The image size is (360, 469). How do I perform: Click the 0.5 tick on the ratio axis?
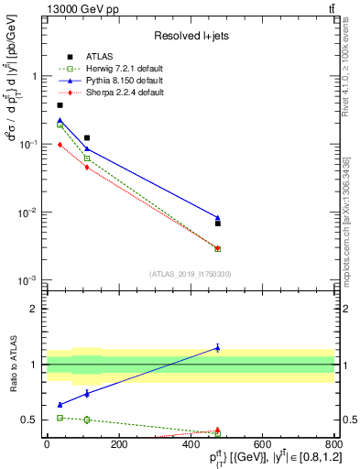33,420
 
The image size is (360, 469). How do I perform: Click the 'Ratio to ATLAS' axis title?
13,364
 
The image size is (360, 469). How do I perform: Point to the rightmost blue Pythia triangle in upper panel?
217,217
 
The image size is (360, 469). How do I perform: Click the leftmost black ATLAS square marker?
60,105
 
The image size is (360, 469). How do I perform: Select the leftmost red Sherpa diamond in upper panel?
60,145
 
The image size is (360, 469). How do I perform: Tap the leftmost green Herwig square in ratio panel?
60,418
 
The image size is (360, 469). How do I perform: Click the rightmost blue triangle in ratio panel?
217,347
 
